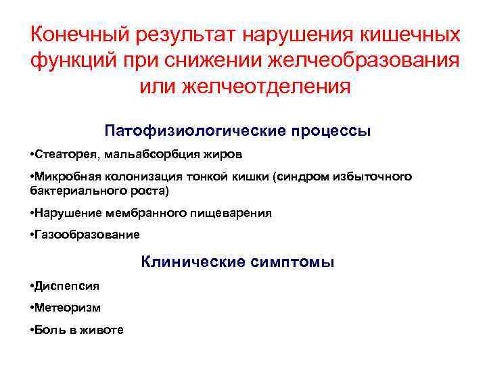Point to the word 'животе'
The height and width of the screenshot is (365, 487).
pyautogui.click(x=103, y=331)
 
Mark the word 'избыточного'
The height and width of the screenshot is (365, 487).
pyautogui.click(x=376, y=177)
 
